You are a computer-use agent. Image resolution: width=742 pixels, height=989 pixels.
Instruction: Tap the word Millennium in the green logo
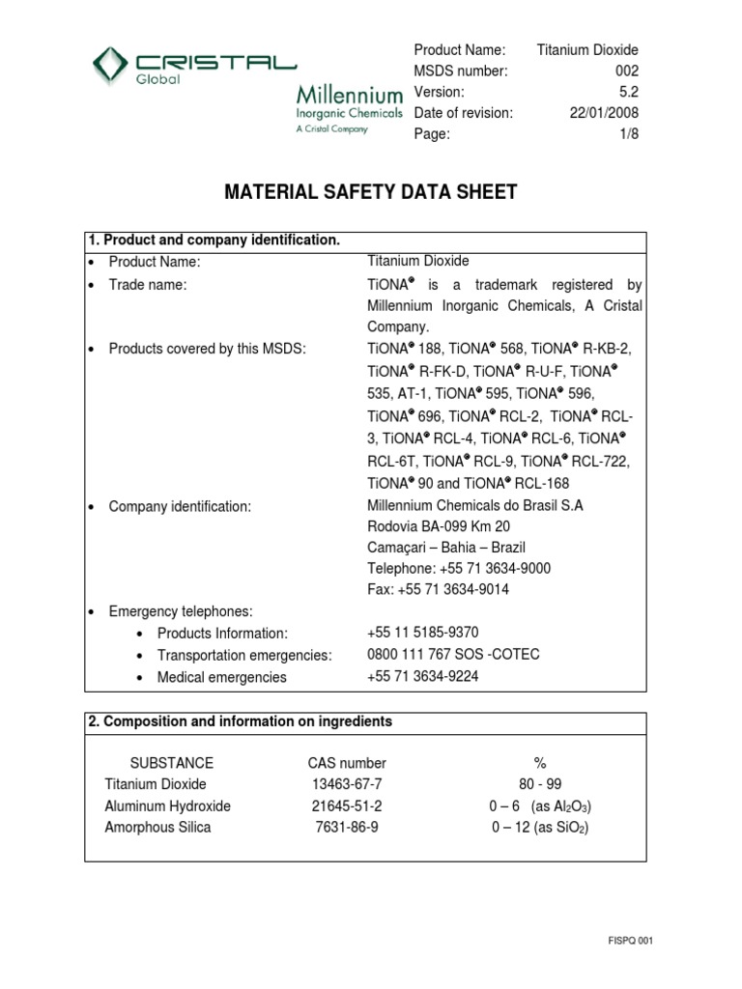pyautogui.click(x=349, y=96)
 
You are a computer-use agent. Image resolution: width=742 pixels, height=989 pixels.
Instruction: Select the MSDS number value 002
pyautogui.click(x=626, y=71)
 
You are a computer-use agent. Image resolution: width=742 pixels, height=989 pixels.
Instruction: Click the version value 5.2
pyautogui.click(x=629, y=92)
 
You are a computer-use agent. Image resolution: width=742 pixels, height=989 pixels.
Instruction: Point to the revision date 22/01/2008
pyautogui.click(x=605, y=113)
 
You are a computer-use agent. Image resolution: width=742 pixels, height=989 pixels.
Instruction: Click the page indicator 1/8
pyautogui.click(x=629, y=134)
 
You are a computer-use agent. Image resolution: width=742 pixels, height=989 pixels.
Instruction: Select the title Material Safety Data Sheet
pyautogui.click(x=370, y=193)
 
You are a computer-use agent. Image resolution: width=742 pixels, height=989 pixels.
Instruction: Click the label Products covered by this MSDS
pyautogui.click(x=207, y=348)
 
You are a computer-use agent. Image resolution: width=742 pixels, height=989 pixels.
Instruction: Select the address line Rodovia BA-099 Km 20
pyautogui.click(x=439, y=526)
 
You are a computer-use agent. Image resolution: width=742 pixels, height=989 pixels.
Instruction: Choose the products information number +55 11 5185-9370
pyautogui.click(x=423, y=633)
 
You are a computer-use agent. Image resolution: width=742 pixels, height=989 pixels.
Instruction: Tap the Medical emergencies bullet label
pyautogui.click(x=221, y=677)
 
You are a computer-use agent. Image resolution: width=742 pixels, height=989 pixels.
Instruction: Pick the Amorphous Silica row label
pyautogui.click(x=157, y=828)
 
